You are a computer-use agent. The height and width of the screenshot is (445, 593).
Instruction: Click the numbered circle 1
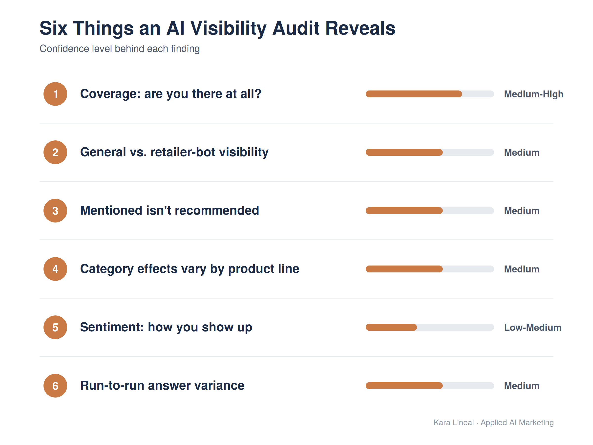tap(55, 94)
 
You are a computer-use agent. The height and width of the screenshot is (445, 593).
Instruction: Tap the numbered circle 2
tap(55, 152)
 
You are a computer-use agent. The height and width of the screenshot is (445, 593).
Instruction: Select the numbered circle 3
tap(55, 211)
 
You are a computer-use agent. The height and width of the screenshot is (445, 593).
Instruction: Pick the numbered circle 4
tap(55, 269)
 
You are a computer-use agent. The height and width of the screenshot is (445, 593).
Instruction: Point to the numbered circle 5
tap(55, 327)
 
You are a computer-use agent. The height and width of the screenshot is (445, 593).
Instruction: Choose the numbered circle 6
tap(55, 386)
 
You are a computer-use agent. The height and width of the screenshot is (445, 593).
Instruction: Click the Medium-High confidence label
tap(533, 94)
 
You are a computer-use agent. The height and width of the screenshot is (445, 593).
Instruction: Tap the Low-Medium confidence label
tap(533, 328)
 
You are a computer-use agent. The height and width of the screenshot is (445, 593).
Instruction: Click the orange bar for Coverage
tap(414, 94)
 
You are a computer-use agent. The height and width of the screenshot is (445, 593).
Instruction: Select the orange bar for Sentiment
tap(391, 327)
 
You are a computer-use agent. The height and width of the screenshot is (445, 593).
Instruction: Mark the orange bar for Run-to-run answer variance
tap(404, 386)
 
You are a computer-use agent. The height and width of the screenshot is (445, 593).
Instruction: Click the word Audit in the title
tap(296, 28)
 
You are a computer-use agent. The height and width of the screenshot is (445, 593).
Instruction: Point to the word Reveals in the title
tap(360, 28)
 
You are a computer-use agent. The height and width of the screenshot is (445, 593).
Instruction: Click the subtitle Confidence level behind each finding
tap(120, 49)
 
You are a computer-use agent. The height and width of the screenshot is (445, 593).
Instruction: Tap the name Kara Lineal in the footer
tap(454, 423)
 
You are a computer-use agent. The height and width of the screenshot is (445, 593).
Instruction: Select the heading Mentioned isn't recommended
tap(169, 211)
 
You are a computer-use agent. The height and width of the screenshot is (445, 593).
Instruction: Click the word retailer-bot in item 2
tap(183, 152)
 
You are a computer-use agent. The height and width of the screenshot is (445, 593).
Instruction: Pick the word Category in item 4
tap(107, 269)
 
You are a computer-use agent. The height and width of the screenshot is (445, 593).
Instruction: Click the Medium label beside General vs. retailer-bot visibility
tap(522, 152)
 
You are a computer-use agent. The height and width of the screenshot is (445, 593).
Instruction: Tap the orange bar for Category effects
tap(404, 269)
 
